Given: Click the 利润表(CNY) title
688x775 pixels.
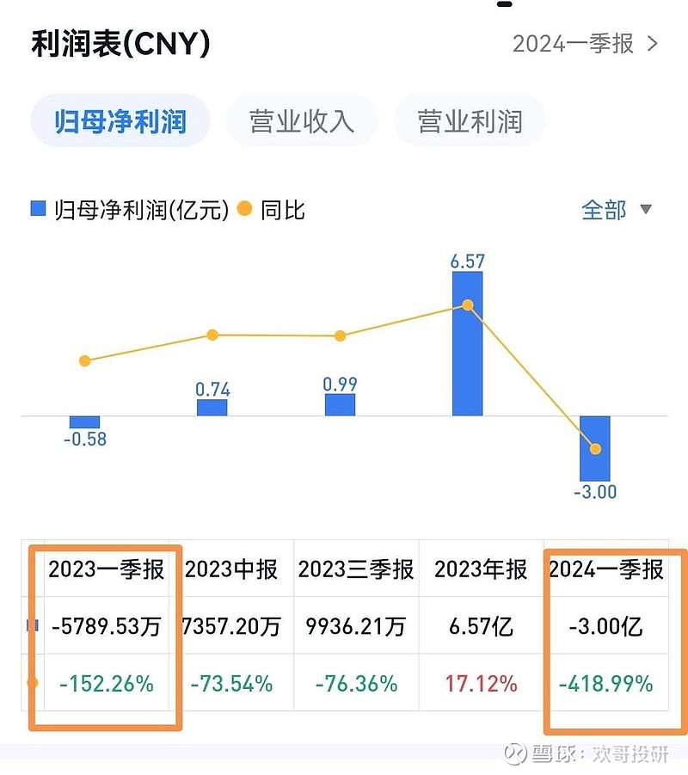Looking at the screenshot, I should point(120,43).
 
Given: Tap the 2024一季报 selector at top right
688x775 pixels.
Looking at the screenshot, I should point(585,43).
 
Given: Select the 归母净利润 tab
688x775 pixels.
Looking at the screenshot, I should point(120,121).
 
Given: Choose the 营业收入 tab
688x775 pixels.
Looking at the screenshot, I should point(302,121).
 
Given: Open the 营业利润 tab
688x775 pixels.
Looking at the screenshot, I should point(470,121).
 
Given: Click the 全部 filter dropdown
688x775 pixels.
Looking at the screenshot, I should point(616,210).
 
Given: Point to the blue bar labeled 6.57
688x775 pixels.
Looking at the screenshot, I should point(467,344).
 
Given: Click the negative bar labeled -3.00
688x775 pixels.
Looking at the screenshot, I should point(594,447).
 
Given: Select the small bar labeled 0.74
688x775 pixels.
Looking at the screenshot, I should point(212,408).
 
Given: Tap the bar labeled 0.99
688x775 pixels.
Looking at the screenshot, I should point(340,405).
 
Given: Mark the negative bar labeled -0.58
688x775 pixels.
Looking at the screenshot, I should point(84,421).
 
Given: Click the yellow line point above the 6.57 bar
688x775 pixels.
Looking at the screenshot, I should point(468,305).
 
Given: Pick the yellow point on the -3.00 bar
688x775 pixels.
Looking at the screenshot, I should point(594,449).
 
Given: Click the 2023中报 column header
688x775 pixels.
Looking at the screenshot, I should point(231,569).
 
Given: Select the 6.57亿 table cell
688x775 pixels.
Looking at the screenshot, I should point(481,626).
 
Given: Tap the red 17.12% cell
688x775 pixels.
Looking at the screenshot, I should point(481,684).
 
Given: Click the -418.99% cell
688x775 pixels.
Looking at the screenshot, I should point(605,684).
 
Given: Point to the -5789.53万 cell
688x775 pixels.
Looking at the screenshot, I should point(106,626).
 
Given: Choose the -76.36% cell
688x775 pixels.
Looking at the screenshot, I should point(356,684).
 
